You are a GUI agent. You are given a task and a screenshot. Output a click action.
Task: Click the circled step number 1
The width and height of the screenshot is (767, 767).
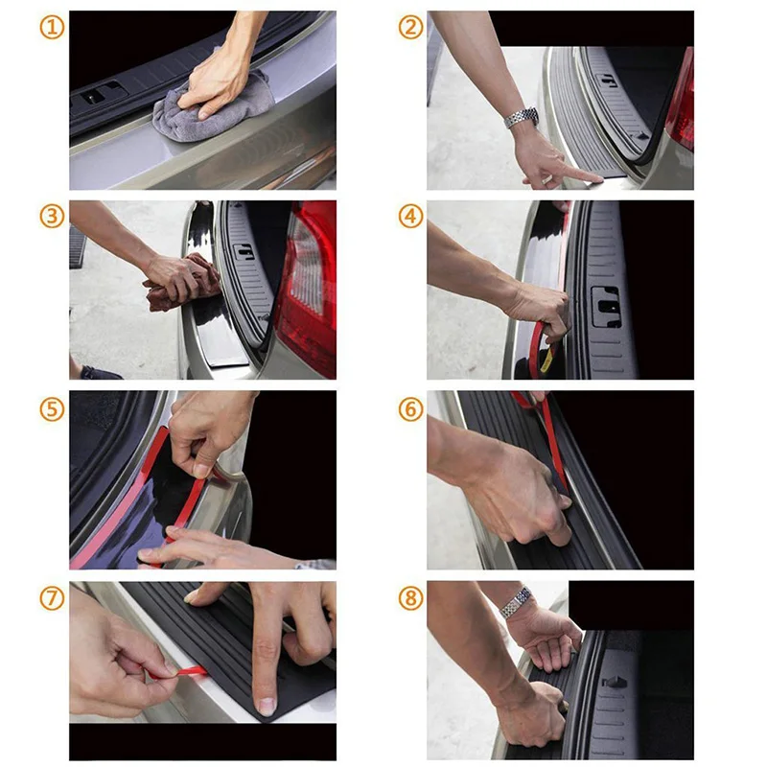(x=52, y=28)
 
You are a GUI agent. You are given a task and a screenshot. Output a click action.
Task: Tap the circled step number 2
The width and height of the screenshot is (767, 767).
(x=411, y=28)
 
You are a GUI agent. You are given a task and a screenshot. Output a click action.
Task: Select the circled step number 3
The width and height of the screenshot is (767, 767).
(x=52, y=217)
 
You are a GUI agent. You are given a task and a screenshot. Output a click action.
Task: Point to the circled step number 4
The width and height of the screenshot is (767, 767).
(x=411, y=217)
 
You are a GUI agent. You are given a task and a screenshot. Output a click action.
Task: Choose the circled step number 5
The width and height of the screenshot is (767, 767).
(x=52, y=409)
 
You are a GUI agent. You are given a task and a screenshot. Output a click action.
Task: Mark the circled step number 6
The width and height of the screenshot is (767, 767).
(x=411, y=409)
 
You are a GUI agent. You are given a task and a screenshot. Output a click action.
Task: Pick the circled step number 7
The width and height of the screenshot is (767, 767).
(x=52, y=598)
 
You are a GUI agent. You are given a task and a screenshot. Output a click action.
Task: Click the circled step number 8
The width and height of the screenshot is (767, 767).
(x=411, y=598)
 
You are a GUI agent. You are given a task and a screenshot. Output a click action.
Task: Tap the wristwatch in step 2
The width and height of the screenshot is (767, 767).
(x=522, y=118)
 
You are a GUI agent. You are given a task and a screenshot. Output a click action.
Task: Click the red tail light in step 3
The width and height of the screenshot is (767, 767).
(x=307, y=289)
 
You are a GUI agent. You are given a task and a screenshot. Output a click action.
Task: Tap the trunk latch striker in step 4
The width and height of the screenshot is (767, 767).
(x=607, y=307)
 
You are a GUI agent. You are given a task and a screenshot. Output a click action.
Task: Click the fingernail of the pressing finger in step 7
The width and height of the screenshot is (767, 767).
(x=267, y=706)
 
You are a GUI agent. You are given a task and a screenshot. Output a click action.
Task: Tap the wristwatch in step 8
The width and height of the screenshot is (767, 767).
(x=517, y=601)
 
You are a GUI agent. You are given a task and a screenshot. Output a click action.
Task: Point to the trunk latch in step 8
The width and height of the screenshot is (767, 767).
(x=615, y=682)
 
